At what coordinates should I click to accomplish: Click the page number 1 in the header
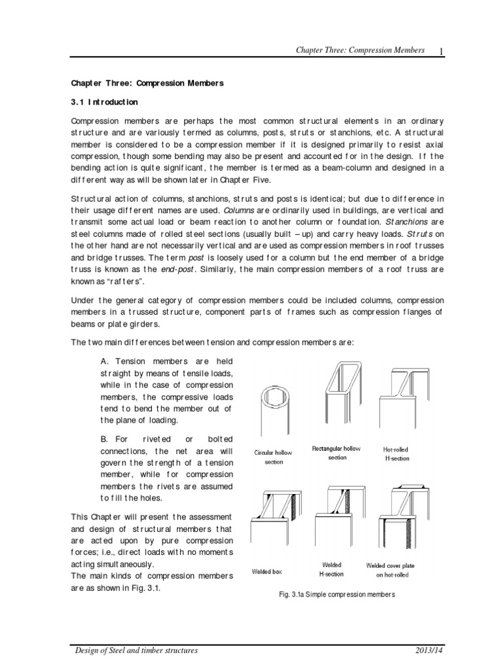[442, 51]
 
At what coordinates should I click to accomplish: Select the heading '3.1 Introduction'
[104, 102]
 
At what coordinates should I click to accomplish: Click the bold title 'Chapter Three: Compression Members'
[147, 84]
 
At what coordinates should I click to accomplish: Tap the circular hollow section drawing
[274, 413]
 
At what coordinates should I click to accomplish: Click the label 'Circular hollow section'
[274, 457]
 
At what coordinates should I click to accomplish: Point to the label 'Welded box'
[267, 571]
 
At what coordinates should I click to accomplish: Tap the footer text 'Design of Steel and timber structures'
[135, 652]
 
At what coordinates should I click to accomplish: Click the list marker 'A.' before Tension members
[105, 361]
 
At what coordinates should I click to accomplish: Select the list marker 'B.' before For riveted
[105, 438]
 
